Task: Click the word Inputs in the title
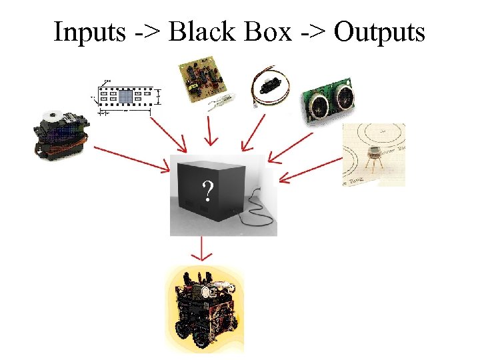[x=89, y=31]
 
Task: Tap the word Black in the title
[x=197, y=31]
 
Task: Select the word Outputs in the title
[x=379, y=31]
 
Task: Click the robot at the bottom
[x=204, y=309]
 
